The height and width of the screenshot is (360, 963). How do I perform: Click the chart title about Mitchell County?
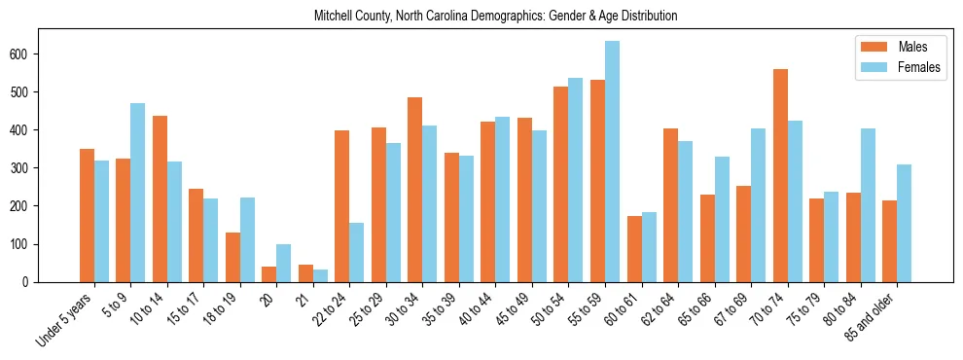[x=495, y=17]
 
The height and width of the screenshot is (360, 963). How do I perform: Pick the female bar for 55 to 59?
[x=612, y=162]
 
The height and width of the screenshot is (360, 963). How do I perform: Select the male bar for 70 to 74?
[x=780, y=175]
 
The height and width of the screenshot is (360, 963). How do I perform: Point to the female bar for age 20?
[x=283, y=263]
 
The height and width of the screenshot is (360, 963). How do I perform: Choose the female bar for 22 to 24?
[x=356, y=252]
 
